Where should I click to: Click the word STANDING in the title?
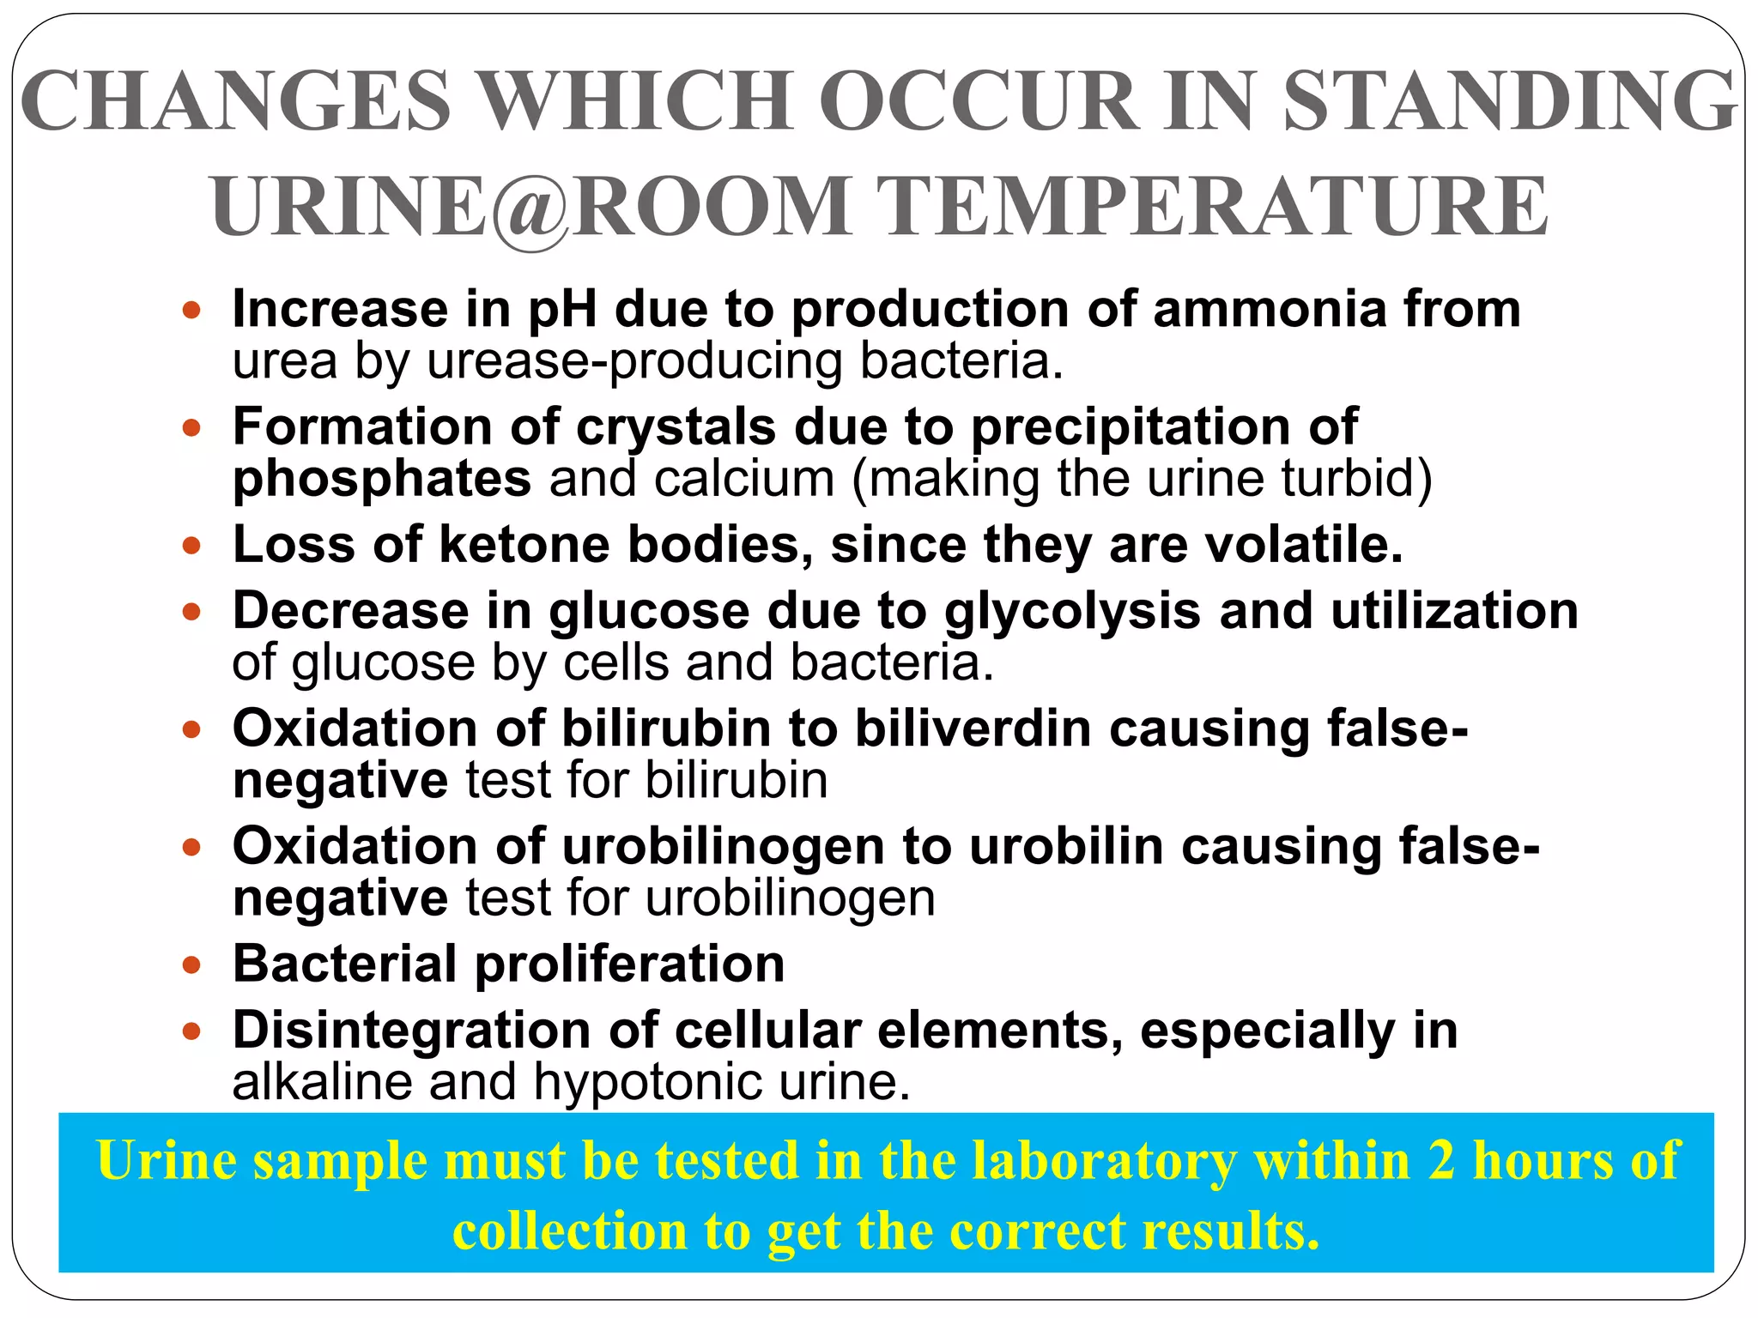(1510, 101)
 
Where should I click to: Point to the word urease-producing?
(634, 361)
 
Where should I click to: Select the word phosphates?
(382, 479)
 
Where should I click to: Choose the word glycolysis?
(1072, 611)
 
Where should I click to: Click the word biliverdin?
(973, 729)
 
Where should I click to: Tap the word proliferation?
(630, 964)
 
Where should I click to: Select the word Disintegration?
(411, 1030)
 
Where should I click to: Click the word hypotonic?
(647, 1082)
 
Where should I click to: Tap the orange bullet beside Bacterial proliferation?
(191, 964)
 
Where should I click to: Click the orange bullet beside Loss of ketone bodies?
(191, 545)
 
